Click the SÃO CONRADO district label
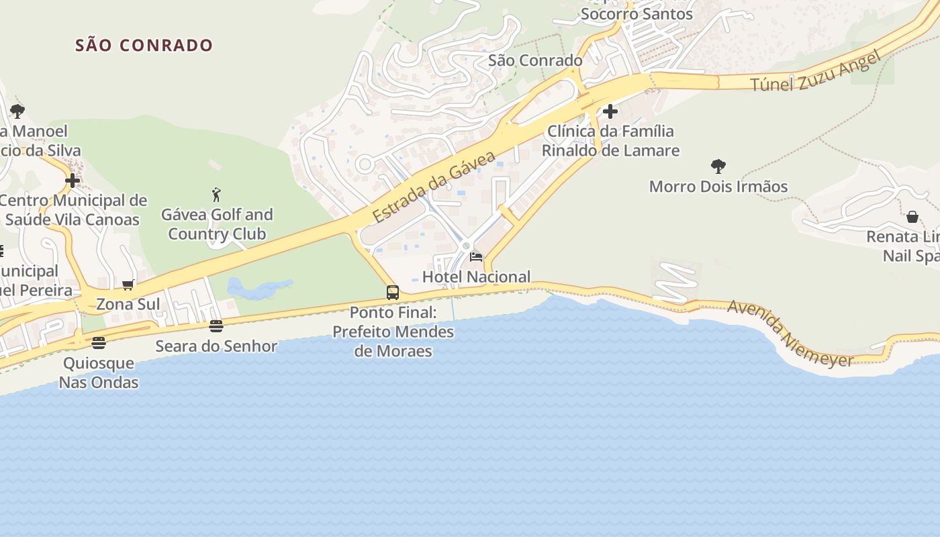pyautogui.click(x=144, y=46)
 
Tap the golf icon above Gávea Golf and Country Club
pyautogui.click(x=216, y=195)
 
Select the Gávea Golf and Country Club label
pyautogui.click(x=217, y=224)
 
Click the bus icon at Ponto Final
pyautogui.click(x=393, y=293)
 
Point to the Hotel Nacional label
pyautogui.click(x=476, y=277)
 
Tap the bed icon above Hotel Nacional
pyautogui.click(x=476, y=256)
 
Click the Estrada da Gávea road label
pyautogui.click(x=434, y=187)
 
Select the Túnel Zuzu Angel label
pyautogui.click(x=814, y=72)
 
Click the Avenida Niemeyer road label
pyautogui.click(x=790, y=334)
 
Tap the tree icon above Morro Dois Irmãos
pyautogui.click(x=718, y=166)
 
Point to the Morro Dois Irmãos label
pyautogui.click(x=718, y=187)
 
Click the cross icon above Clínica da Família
pyautogui.click(x=610, y=111)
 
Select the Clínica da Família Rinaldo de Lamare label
pyautogui.click(x=610, y=141)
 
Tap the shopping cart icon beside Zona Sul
pyautogui.click(x=128, y=285)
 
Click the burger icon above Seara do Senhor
pyautogui.click(x=216, y=326)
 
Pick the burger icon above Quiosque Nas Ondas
pyautogui.click(x=99, y=343)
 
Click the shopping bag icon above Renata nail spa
pyautogui.click(x=912, y=216)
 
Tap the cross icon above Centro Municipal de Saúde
pyautogui.click(x=73, y=181)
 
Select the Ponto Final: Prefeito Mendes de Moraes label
pyautogui.click(x=393, y=332)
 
